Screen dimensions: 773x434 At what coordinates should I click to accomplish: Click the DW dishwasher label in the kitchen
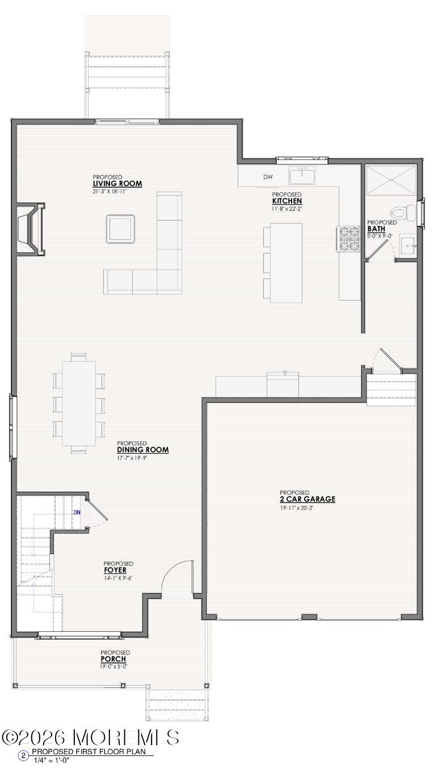click(x=268, y=177)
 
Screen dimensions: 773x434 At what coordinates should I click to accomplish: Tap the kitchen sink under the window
click(x=302, y=176)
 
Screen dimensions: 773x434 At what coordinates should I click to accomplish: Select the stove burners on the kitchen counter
click(x=349, y=238)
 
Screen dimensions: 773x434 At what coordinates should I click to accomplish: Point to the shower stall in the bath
click(x=391, y=179)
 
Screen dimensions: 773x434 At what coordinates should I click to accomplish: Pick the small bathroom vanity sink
click(x=408, y=246)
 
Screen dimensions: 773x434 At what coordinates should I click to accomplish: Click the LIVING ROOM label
click(x=117, y=184)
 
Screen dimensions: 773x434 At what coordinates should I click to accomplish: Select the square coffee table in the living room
click(x=120, y=229)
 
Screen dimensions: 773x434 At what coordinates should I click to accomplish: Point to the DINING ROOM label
click(x=143, y=450)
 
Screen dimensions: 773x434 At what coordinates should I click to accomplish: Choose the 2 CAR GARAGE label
click(x=307, y=500)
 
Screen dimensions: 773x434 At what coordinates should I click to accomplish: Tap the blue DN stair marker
click(x=77, y=513)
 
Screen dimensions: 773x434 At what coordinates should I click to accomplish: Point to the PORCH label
click(x=113, y=660)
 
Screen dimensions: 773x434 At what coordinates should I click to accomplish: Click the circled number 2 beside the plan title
click(x=24, y=755)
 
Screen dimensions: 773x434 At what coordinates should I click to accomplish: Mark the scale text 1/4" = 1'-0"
click(x=52, y=760)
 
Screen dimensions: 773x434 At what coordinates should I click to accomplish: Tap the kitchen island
click(x=286, y=263)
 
